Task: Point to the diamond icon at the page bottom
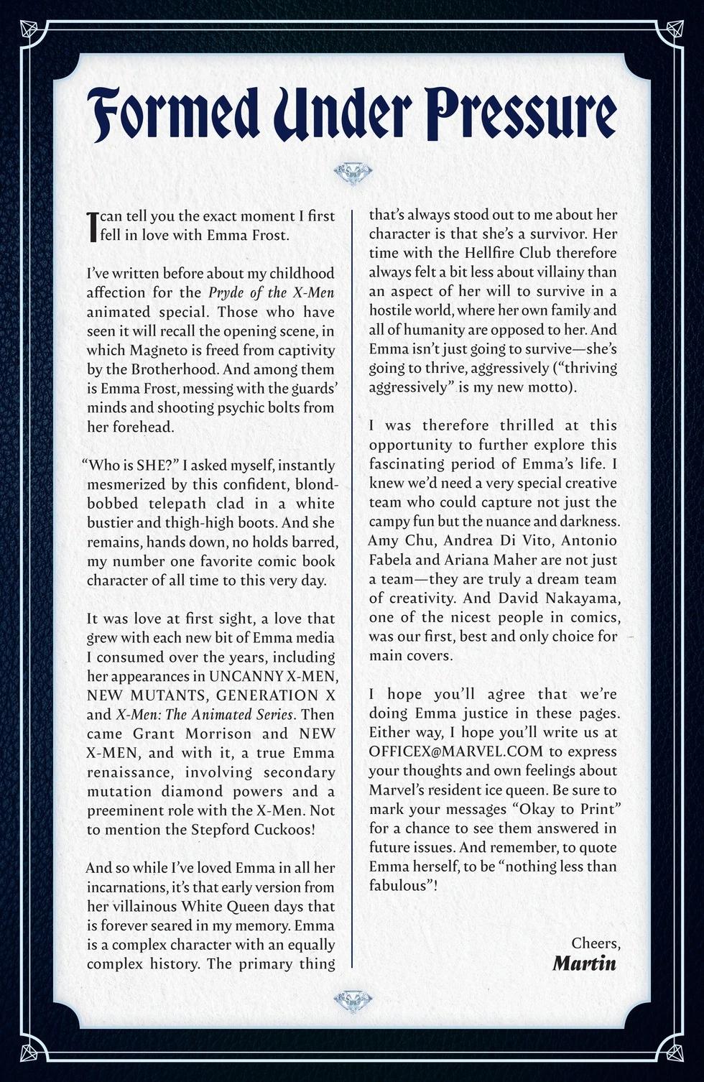coord(352,999)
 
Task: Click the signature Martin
coord(584,962)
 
